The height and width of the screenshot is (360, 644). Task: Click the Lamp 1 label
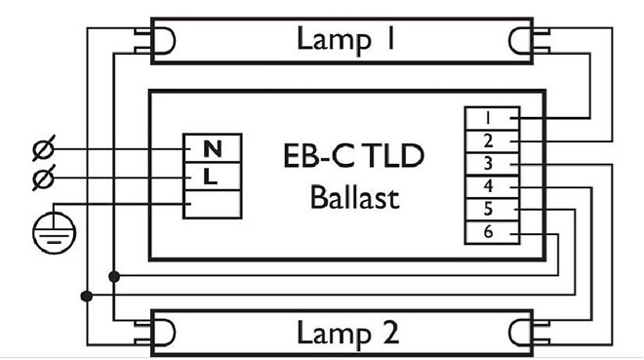tap(333, 40)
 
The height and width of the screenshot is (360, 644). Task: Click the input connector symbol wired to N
tap(44, 149)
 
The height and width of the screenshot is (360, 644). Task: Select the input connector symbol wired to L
tap(44, 178)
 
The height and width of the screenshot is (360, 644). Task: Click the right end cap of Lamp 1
tap(522, 40)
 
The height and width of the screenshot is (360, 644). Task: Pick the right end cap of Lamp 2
tap(522, 333)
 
